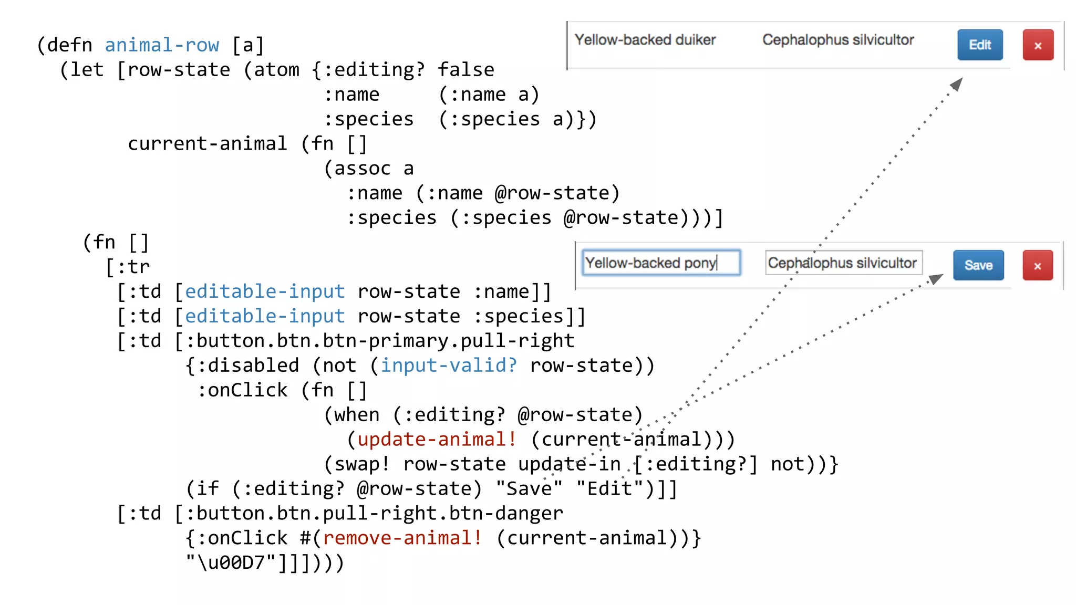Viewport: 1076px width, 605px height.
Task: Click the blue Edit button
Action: pos(979,45)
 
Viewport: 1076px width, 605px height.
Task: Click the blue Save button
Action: pos(978,265)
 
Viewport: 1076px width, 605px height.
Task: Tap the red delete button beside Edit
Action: pos(1038,45)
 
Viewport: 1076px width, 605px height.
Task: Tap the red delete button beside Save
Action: pos(1037,266)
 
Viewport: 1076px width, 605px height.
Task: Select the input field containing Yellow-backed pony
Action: pos(661,263)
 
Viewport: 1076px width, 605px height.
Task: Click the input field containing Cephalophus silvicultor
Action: pos(843,263)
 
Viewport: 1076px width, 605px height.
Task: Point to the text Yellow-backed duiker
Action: pos(645,40)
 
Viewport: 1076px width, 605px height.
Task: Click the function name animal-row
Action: pos(162,45)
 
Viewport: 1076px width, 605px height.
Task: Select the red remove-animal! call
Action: pos(402,538)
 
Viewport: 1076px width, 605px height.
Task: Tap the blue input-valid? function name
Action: pos(449,365)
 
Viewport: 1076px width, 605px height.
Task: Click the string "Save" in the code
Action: pos(529,488)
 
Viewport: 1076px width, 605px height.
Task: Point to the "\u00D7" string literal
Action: pos(231,562)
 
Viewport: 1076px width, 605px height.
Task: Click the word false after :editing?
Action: pos(466,70)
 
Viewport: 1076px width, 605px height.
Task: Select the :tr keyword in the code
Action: pos(133,267)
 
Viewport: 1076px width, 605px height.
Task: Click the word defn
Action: pos(69,45)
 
